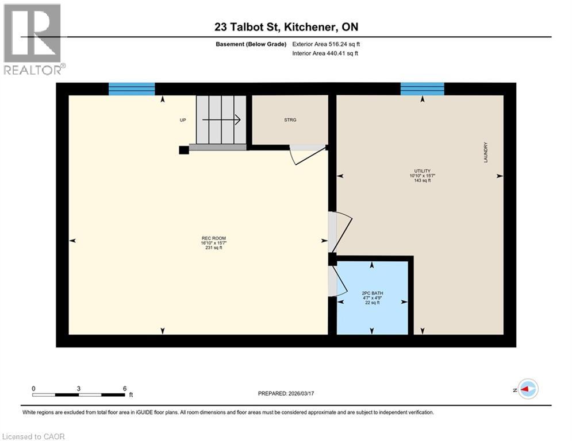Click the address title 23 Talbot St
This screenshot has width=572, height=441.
point(286,27)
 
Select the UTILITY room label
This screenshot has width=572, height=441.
point(420,175)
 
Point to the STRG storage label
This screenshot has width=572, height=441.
point(290,120)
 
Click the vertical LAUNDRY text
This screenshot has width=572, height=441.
point(486,152)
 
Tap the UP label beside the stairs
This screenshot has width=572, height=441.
point(183,120)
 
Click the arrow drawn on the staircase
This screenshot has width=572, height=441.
point(221,120)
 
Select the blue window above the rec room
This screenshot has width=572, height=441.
point(132,89)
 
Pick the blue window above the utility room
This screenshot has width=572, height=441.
point(423,89)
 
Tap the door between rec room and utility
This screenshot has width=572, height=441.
point(339,231)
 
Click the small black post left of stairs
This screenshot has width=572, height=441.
point(183,150)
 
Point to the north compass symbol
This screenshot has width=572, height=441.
point(527,389)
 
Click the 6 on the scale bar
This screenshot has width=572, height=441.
point(125,388)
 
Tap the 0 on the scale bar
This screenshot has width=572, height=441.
point(33,388)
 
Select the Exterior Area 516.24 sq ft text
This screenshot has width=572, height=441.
point(326,44)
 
